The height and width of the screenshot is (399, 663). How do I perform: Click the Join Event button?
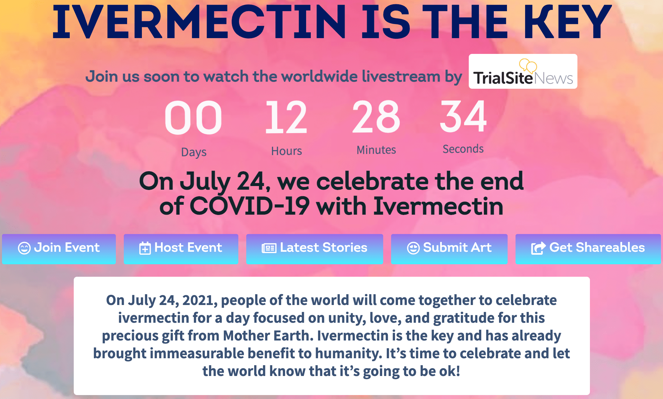tap(59, 249)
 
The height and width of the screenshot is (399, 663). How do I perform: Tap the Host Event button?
tap(181, 249)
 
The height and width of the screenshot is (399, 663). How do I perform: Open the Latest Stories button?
tap(315, 249)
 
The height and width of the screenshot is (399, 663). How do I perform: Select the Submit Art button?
tap(449, 249)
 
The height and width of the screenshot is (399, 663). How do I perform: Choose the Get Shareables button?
tap(588, 249)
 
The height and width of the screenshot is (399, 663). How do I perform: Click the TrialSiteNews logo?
tap(523, 71)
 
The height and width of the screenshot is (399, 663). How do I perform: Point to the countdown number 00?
tap(194, 118)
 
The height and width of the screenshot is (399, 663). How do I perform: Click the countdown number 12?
tap(286, 117)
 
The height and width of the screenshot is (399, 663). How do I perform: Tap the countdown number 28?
tap(376, 117)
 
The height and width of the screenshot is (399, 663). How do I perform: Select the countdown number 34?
tap(463, 116)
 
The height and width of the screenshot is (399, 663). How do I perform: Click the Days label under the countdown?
tap(194, 153)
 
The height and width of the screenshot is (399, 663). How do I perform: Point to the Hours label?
tap(286, 151)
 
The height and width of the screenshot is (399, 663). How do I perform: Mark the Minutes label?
tap(376, 150)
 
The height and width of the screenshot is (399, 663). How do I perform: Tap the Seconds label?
tap(463, 149)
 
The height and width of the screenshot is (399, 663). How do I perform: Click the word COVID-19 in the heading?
tap(250, 206)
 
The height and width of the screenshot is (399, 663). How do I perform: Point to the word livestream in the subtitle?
tap(401, 76)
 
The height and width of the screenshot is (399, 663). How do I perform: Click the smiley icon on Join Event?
tap(24, 248)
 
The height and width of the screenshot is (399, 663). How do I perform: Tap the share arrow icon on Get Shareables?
tap(539, 248)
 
